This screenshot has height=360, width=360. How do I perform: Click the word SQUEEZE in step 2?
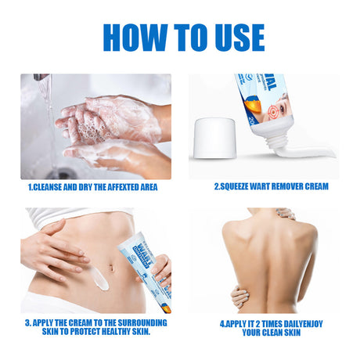coord(237,187)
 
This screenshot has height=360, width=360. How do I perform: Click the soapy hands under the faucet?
coord(110,125)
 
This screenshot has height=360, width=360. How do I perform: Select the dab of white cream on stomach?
coord(99,275)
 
